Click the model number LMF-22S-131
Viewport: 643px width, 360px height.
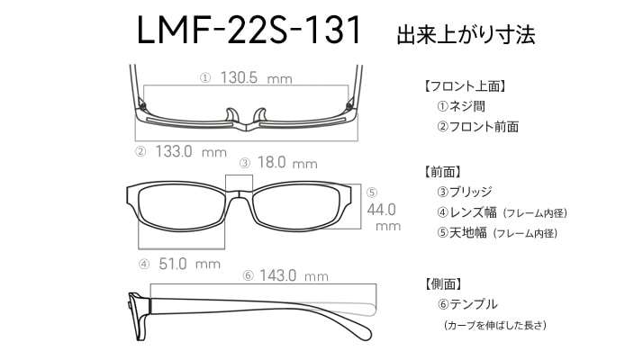249,30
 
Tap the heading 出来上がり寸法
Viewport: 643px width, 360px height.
466,34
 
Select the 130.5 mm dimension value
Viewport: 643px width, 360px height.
257,77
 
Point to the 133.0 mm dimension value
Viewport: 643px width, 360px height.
191,152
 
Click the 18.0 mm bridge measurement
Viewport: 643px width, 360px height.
287,163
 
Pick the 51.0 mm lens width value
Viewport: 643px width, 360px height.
189,264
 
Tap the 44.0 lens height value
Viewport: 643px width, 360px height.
381,210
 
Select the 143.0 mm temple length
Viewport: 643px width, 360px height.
294,275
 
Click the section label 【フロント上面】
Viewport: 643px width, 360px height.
465,86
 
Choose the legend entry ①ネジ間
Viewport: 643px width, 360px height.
461,106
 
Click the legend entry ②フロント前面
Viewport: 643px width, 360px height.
477,127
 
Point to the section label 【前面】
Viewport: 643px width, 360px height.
442,172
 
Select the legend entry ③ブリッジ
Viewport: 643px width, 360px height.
464,192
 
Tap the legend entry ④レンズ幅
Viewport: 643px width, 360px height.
466,212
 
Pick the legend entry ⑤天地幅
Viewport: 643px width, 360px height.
462,233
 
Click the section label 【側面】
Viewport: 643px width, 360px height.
443,283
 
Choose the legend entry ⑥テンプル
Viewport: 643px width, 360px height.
467,304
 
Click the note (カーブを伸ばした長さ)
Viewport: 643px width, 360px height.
495,326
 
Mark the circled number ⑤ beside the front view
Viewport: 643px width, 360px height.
372,193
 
